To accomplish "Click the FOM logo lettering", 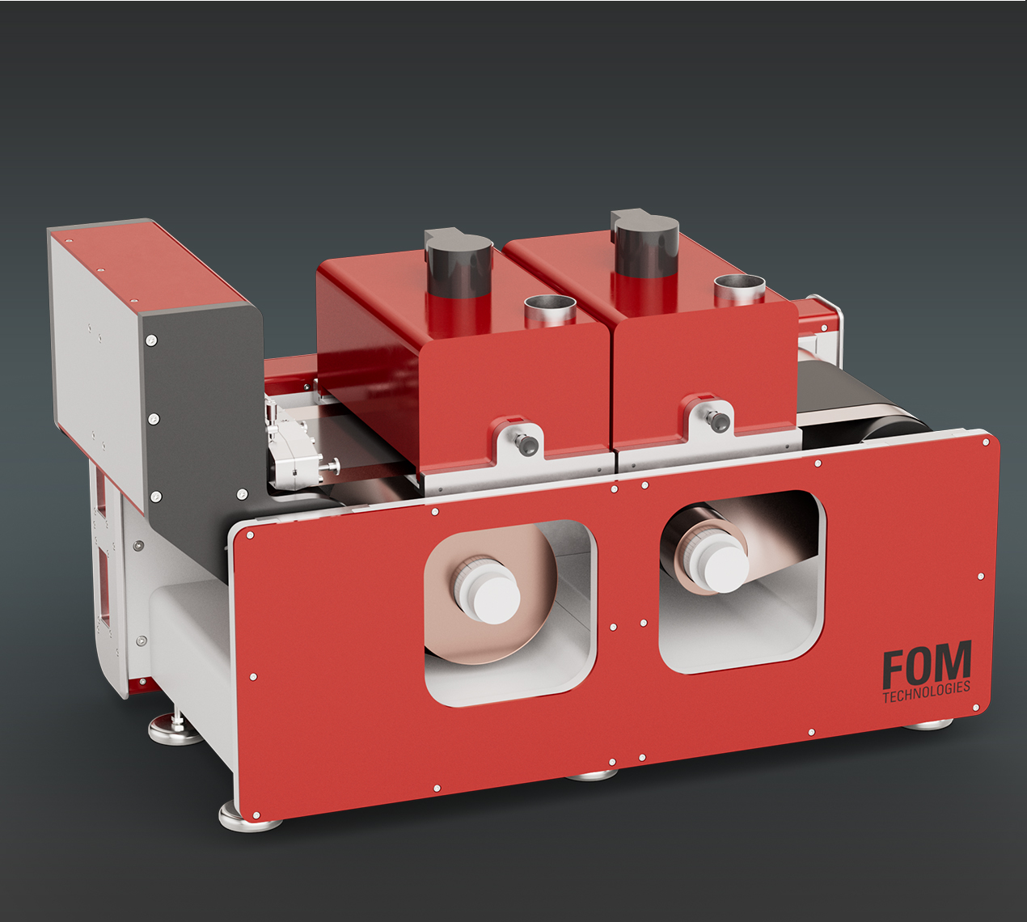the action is coord(928,663).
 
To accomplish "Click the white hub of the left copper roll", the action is coord(487,590).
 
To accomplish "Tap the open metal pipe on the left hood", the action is coord(550,311).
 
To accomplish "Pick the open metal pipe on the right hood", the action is coord(740,290).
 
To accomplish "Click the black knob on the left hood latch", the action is coord(528,444).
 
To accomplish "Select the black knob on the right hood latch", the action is coord(719,421).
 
